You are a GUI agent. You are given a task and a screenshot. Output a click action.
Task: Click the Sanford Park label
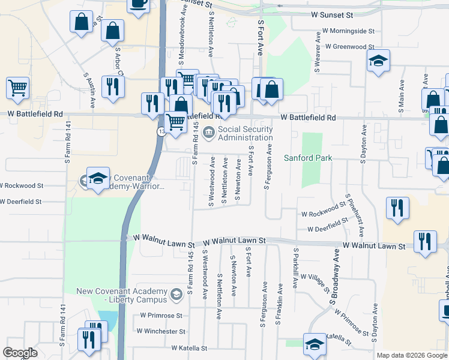(309, 158)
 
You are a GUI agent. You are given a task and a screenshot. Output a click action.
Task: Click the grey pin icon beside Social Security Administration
(208, 133)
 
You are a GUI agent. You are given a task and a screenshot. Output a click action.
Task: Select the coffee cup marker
(138, 4)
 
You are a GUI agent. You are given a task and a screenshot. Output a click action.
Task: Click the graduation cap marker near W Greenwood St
(378, 61)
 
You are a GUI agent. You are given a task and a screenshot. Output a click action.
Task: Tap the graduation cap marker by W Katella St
(315, 344)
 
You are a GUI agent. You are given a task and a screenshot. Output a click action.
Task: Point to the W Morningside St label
(348, 30)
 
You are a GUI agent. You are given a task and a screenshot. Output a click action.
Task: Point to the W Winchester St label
(161, 331)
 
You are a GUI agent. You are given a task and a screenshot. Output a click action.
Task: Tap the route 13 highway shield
(161, 132)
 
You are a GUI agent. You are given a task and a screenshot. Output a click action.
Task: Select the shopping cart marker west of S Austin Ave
(18, 88)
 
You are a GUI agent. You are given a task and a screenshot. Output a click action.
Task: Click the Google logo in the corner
(20, 353)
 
